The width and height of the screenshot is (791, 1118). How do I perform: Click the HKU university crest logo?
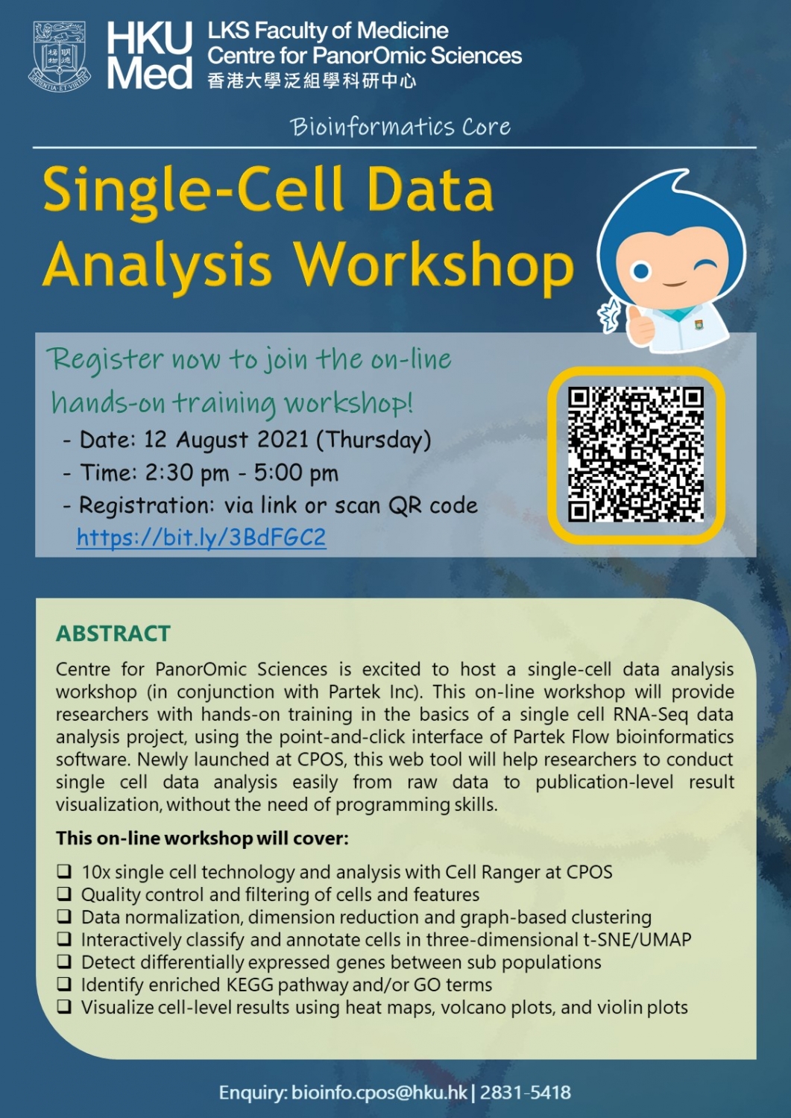60,56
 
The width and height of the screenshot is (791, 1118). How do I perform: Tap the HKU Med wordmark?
149,56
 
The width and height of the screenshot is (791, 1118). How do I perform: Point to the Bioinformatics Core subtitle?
400,127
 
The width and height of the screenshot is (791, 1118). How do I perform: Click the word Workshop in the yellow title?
433,265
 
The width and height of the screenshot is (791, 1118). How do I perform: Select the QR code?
636,454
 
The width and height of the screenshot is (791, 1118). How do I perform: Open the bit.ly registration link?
201,537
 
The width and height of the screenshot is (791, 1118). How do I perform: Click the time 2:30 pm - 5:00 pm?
242,473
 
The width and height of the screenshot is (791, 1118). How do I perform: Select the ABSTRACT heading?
113,634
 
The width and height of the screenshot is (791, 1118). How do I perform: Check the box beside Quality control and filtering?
65,894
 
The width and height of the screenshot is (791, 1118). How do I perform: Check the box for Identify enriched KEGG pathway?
65,984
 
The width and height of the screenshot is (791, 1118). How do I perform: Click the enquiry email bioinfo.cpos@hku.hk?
379,1093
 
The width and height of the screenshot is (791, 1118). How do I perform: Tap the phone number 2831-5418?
526,1093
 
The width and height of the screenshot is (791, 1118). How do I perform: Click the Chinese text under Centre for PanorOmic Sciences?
312,80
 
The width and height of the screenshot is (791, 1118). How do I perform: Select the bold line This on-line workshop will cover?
202,838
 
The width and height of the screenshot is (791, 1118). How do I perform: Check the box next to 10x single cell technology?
65,871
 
